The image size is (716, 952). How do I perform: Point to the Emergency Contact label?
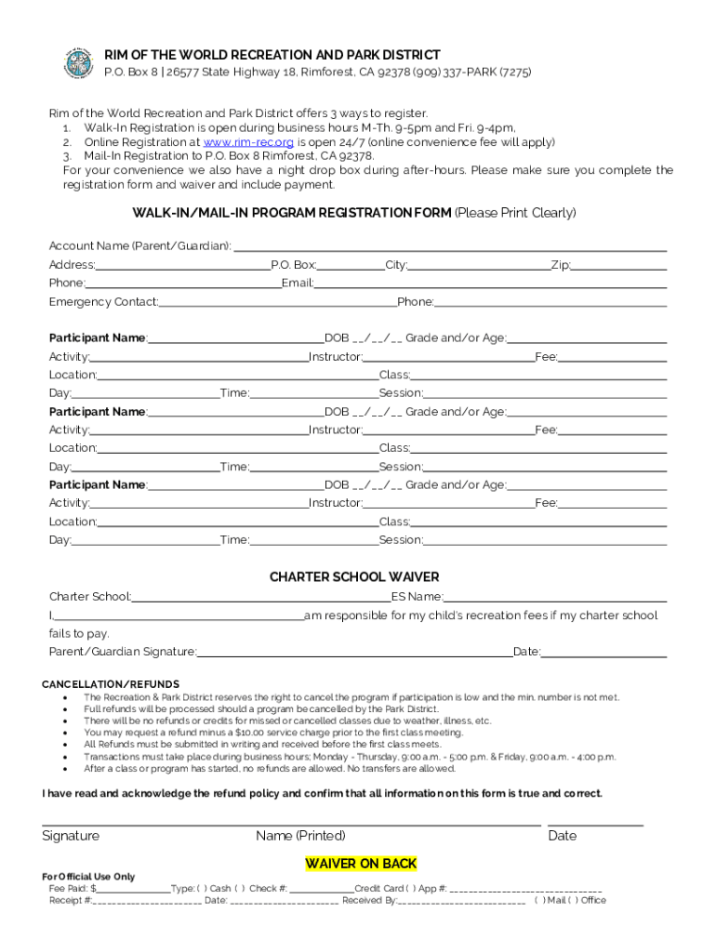coord(103,302)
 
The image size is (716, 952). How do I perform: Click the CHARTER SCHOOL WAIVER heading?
coord(354,577)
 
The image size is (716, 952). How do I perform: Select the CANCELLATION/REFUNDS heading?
coord(111,684)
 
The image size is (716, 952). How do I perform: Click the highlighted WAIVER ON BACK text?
coord(361,864)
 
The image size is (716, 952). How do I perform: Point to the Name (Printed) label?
coord(300,836)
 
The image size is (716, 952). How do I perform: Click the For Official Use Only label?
coord(88,877)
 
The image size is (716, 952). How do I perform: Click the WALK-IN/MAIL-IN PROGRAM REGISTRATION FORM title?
coord(292,213)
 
